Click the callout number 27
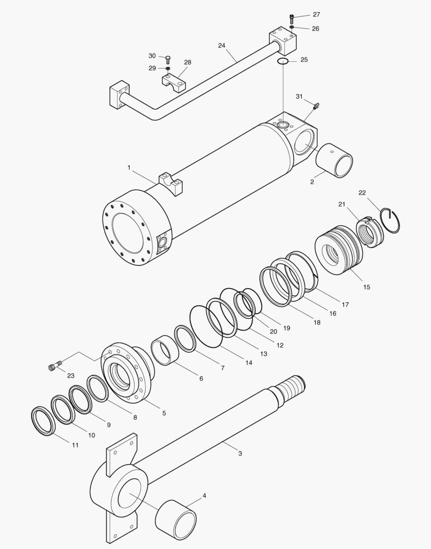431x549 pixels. (x=316, y=15)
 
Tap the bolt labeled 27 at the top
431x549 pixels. (x=292, y=19)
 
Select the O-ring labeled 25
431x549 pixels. (x=283, y=62)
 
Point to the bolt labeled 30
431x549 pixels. (x=168, y=59)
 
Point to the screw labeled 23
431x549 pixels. (x=54, y=366)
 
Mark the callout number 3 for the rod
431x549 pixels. (x=240, y=453)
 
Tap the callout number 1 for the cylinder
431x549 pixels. (x=129, y=167)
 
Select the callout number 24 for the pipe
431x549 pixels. (x=222, y=45)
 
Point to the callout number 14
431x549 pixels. (x=249, y=362)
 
